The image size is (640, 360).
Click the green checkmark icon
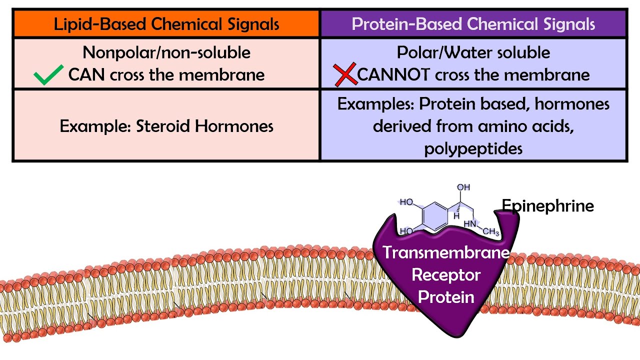[x=48, y=75]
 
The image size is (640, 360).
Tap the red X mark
[x=345, y=74]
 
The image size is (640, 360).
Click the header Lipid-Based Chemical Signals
[x=166, y=24]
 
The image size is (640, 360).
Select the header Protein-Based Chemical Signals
[x=473, y=24]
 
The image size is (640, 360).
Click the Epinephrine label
[x=547, y=205]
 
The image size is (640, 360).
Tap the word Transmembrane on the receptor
[x=446, y=252]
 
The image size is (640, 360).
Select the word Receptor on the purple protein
[x=446, y=274]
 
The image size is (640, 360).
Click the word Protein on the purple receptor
[x=446, y=297]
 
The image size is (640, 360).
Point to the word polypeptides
[x=473, y=148]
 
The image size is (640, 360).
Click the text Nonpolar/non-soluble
[x=166, y=52]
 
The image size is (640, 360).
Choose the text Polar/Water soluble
[x=473, y=52]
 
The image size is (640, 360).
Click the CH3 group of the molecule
[x=490, y=232]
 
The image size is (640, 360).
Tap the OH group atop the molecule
[x=463, y=187]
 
